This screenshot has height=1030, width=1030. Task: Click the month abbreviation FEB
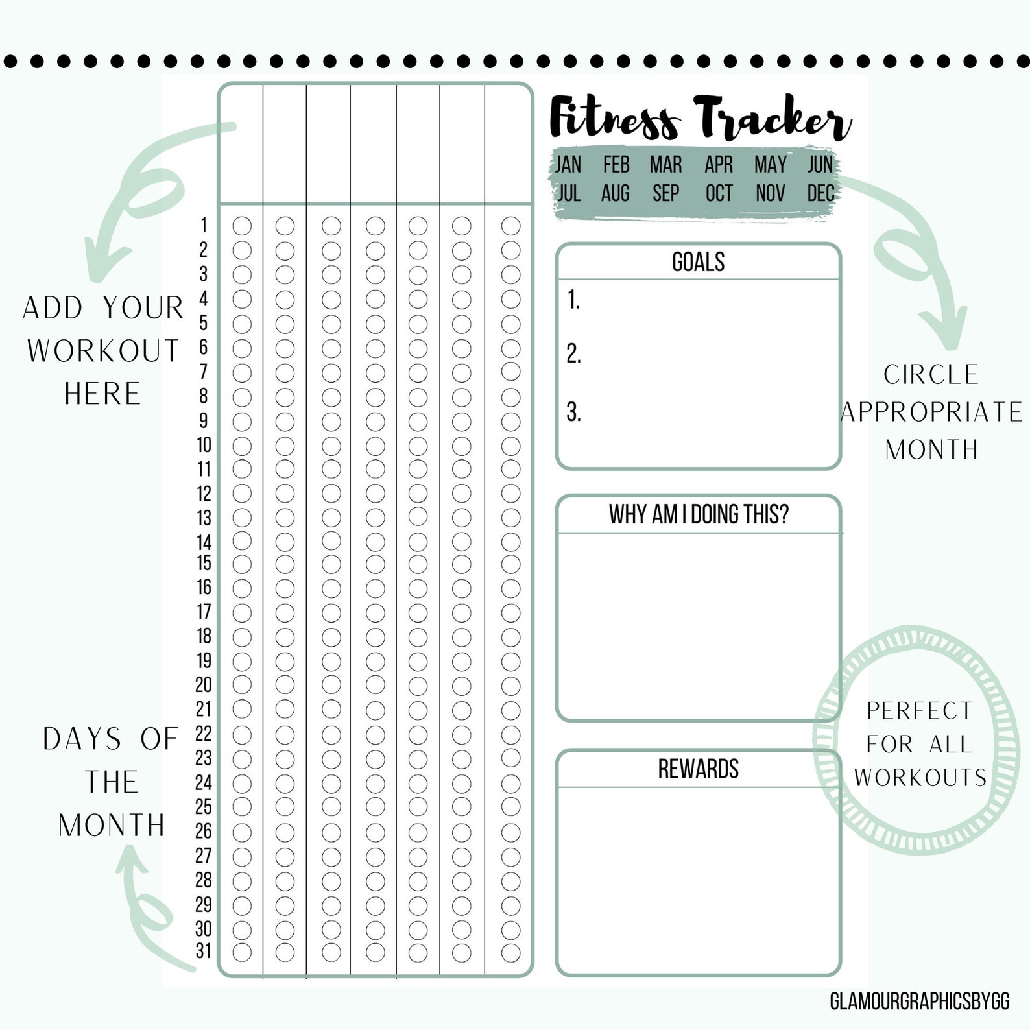[x=616, y=165]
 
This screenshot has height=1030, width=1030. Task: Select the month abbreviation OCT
[x=719, y=193]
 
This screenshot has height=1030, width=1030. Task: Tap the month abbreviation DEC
[x=820, y=193]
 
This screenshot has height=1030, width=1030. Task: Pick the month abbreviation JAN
[x=568, y=165]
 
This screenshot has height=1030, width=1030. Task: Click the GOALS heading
[x=698, y=262]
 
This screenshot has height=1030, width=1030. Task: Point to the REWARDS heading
[x=698, y=769]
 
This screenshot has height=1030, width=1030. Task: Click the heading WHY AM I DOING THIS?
[x=698, y=514]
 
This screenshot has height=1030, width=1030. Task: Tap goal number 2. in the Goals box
[x=573, y=354]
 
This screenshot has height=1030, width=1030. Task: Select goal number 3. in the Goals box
[x=573, y=413]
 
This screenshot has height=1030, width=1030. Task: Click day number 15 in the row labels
[x=204, y=563]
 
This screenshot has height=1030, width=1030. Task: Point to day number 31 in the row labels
[x=204, y=951]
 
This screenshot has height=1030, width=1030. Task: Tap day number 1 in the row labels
[x=204, y=225]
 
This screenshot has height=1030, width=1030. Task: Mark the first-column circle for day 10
[x=242, y=446]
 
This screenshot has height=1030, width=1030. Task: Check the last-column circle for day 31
[x=510, y=952]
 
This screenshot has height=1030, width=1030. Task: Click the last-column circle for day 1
[x=510, y=226]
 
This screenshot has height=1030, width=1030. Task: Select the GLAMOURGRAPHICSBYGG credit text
[x=919, y=1001]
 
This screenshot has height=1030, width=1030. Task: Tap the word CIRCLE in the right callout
[x=931, y=375]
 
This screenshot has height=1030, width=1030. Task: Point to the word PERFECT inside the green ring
[x=919, y=711]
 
